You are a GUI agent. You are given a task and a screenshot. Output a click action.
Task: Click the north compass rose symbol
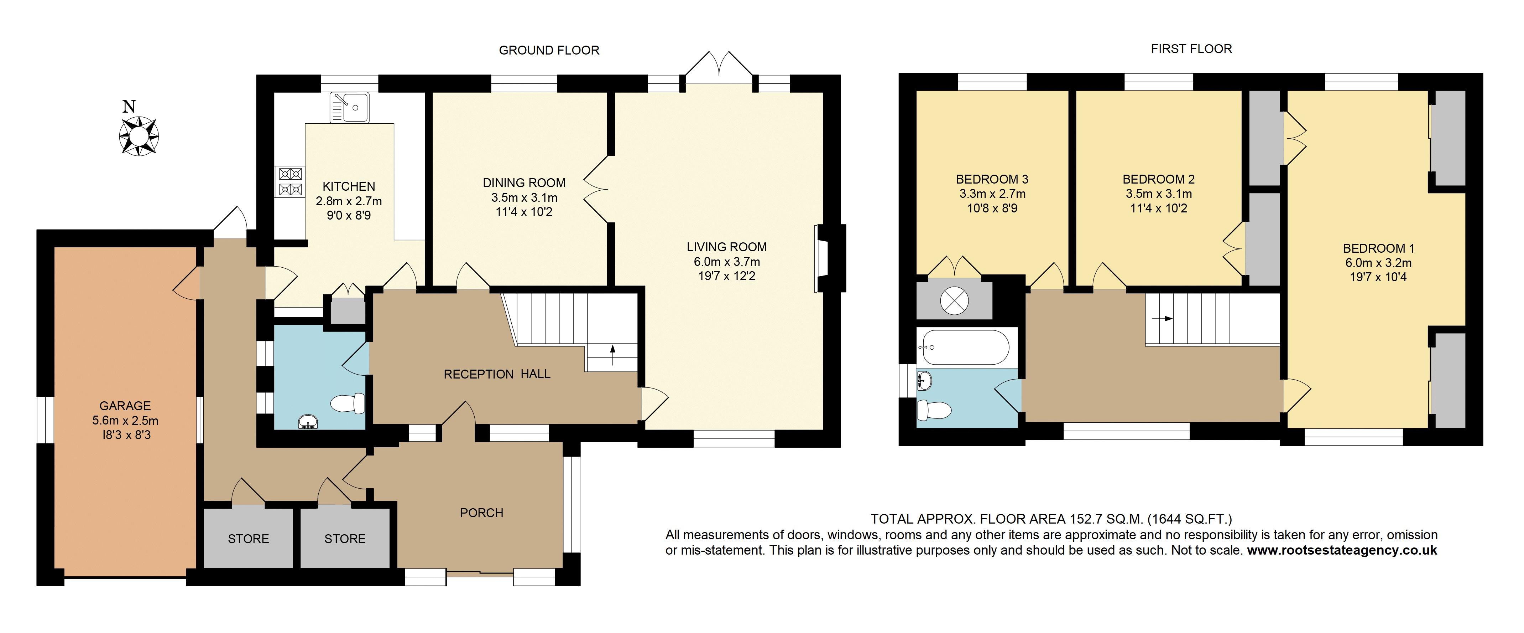(139, 135)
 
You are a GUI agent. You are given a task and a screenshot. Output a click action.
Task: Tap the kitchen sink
(350, 107)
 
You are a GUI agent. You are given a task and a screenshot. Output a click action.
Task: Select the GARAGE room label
(125, 406)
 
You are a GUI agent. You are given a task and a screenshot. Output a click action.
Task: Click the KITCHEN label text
(349, 186)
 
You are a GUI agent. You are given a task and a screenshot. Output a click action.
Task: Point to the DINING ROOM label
(524, 183)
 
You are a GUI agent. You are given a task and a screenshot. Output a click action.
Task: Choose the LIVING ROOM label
(726, 247)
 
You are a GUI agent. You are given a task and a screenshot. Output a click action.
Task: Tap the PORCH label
(481, 513)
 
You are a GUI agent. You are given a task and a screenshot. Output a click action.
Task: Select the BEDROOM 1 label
(1378, 248)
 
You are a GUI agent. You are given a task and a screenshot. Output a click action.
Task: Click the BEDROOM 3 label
(992, 179)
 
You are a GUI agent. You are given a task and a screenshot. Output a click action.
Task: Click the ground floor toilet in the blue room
(348, 404)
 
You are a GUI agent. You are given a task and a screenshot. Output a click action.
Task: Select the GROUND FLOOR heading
(549, 50)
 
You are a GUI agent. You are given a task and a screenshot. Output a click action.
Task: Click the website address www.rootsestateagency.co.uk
(1342, 550)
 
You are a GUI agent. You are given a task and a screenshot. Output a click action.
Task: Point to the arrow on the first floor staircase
(1164, 319)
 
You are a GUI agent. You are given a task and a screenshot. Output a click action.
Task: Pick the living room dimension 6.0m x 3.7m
(726, 262)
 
